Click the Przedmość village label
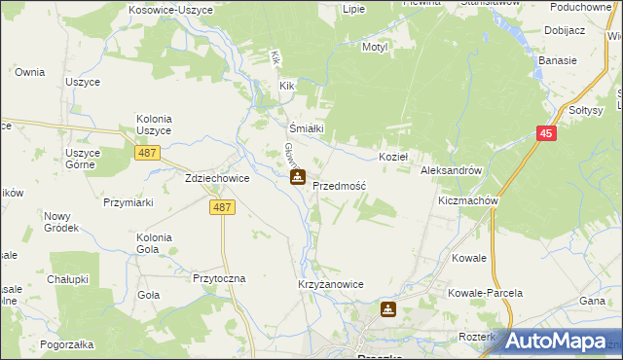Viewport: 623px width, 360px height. (x=339, y=185)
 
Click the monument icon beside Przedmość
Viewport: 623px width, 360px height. (x=298, y=178)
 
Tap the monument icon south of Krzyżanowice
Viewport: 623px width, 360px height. (x=388, y=309)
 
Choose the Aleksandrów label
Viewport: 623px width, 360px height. (x=452, y=170)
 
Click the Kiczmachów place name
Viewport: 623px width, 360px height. (x=468, y=200)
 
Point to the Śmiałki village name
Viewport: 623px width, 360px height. (x=306, y=127)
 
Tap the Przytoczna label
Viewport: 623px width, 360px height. (x=219, y=278)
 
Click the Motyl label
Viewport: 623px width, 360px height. (x=375, y=47)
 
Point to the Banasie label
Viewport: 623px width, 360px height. (x=557, y=60)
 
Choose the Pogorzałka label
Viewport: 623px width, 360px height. (x=67, y=344)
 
